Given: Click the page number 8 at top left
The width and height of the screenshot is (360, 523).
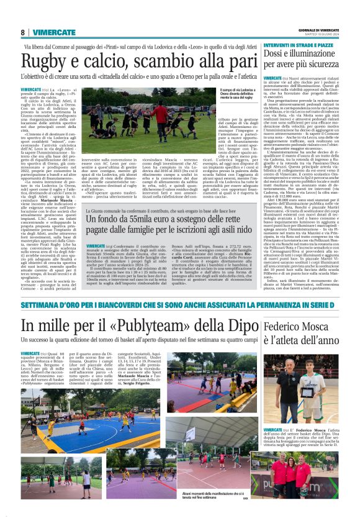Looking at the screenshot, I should point(23,32).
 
